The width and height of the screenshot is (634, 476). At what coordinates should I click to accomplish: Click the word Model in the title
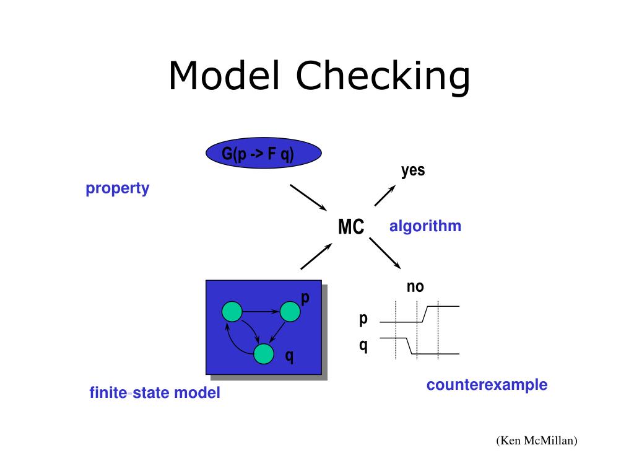pyautogui.click(x=226, y=76)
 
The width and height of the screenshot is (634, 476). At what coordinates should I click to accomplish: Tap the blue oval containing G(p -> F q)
pyautogui.click(x=264, y=154)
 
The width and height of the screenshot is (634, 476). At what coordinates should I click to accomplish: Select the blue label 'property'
pyautogui.click(x=118, y=188)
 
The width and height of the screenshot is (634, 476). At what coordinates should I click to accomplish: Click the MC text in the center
pyautogui.click(x=351, y=227)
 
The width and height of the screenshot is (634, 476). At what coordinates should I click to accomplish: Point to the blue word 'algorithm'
pyautogui.click(x=425, y=226)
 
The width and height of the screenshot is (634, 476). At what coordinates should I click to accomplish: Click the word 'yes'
pyautogui.click(x=413, y=170)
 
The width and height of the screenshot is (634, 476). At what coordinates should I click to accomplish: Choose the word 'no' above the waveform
pyautogui.click(x=415, y=286)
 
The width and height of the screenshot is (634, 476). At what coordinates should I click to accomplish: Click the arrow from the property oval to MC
pyautogui.click(x=308, y=197)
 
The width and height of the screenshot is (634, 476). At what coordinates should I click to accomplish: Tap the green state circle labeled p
pyautogui.click(x=290, y=311)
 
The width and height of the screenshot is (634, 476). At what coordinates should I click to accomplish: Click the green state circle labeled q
pyautogui.click(x=264, y=353)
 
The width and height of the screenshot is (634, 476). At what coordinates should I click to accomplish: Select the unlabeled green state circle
pyautogui.click(x=232, y=311)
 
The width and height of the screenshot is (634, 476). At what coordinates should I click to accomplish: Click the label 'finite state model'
pyautogui.click(x=155, y=393)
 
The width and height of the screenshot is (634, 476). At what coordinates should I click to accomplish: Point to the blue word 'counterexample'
pyautogui.click(x=487, y=385)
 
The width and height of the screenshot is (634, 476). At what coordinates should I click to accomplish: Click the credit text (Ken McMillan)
pyautogui.click(x=536, y=441)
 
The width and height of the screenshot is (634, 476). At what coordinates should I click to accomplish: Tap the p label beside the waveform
pyautogui.click(x=363, y=319)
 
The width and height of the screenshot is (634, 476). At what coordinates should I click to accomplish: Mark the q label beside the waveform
pyautogui.click(x=363, y=345)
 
